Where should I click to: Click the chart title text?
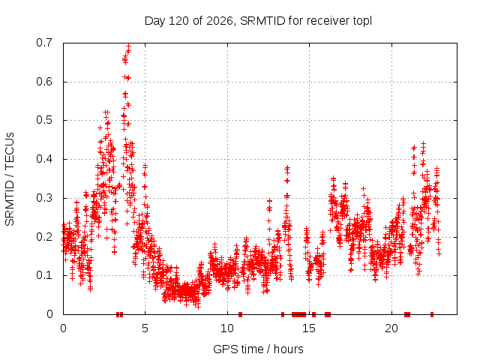258,21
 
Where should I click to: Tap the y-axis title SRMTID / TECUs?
10,179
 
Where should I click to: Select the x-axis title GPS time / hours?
258,349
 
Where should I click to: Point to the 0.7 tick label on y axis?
44,43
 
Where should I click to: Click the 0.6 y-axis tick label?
44,82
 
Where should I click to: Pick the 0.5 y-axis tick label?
44,120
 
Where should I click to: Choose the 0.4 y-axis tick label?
44,159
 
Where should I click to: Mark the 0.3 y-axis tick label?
44,198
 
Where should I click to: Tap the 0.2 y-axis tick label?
44,237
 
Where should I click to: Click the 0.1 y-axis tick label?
44,275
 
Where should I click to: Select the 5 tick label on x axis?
145,328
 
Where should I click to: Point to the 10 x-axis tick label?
227,328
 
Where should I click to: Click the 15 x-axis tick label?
309,328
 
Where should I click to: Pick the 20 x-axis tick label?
391,328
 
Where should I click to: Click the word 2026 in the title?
220,21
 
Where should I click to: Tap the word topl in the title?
362,22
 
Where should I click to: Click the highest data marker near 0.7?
128,46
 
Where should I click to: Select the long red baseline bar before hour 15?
298,314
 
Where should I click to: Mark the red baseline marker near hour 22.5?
432,314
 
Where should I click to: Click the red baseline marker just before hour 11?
240,314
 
